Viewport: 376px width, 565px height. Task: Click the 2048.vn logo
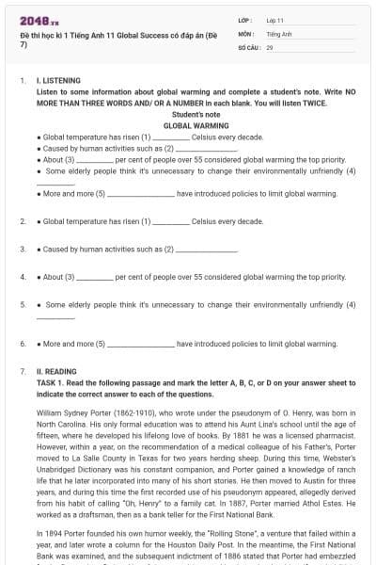tap(33, 19)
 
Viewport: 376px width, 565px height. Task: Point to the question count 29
tap(270, 46)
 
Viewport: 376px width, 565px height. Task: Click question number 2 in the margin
tap(23, 221)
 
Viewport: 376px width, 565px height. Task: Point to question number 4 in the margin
tap(23, 278)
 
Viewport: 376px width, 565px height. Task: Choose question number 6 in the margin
tap(23, 344)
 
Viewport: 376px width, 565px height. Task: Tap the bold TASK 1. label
tap(53, 384)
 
